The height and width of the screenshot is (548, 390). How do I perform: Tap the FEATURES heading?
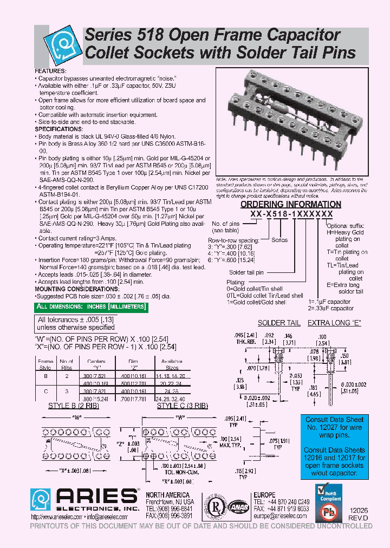click(51, 71)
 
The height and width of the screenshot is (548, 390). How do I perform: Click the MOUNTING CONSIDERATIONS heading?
click(73, 290)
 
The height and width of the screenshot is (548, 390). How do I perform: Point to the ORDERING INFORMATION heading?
click(290, 205)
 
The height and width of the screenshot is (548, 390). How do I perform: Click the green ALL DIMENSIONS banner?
click(91, 307)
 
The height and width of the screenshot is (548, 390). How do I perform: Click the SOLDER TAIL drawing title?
click(279, 323)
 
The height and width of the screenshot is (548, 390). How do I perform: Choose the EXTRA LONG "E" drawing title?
click(334, 323)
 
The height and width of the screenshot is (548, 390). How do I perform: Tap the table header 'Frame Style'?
click(45, 364)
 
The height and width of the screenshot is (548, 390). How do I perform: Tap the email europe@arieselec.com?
click(281, 517)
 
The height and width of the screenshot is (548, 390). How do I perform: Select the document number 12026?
click(359, 511)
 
